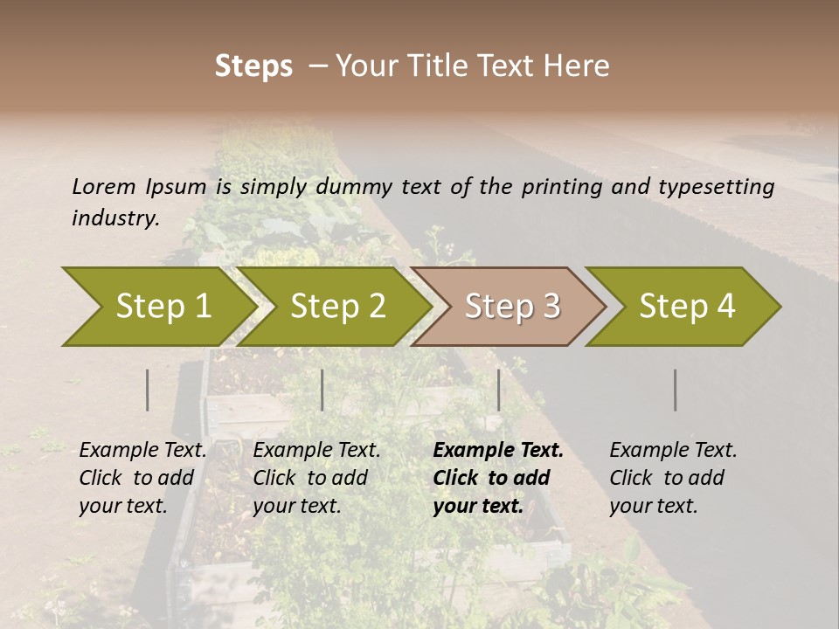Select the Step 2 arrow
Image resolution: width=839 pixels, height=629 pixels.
click(x=336, y=307)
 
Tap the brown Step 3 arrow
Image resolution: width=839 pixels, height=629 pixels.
click(x=511, y=307)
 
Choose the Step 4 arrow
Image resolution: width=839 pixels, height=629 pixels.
click(x=686, y=307)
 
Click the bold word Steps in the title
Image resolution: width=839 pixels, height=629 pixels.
click(x=253, y=66)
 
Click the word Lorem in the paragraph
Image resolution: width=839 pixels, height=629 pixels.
click(x=103, y=186)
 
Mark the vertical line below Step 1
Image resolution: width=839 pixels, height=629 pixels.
click(x=148, y=390)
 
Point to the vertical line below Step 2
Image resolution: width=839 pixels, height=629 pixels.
click(x=322, y=390)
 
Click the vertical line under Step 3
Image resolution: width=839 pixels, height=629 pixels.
click(x=499, y=390)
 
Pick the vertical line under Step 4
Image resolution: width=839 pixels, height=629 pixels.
click(x=676, y=390)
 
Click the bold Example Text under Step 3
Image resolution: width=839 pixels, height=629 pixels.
click(x=498, y=450)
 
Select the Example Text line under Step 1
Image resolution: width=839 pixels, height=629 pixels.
click(x=142, y=450)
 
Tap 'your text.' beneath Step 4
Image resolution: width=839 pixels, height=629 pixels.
click(x=653, y=506)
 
